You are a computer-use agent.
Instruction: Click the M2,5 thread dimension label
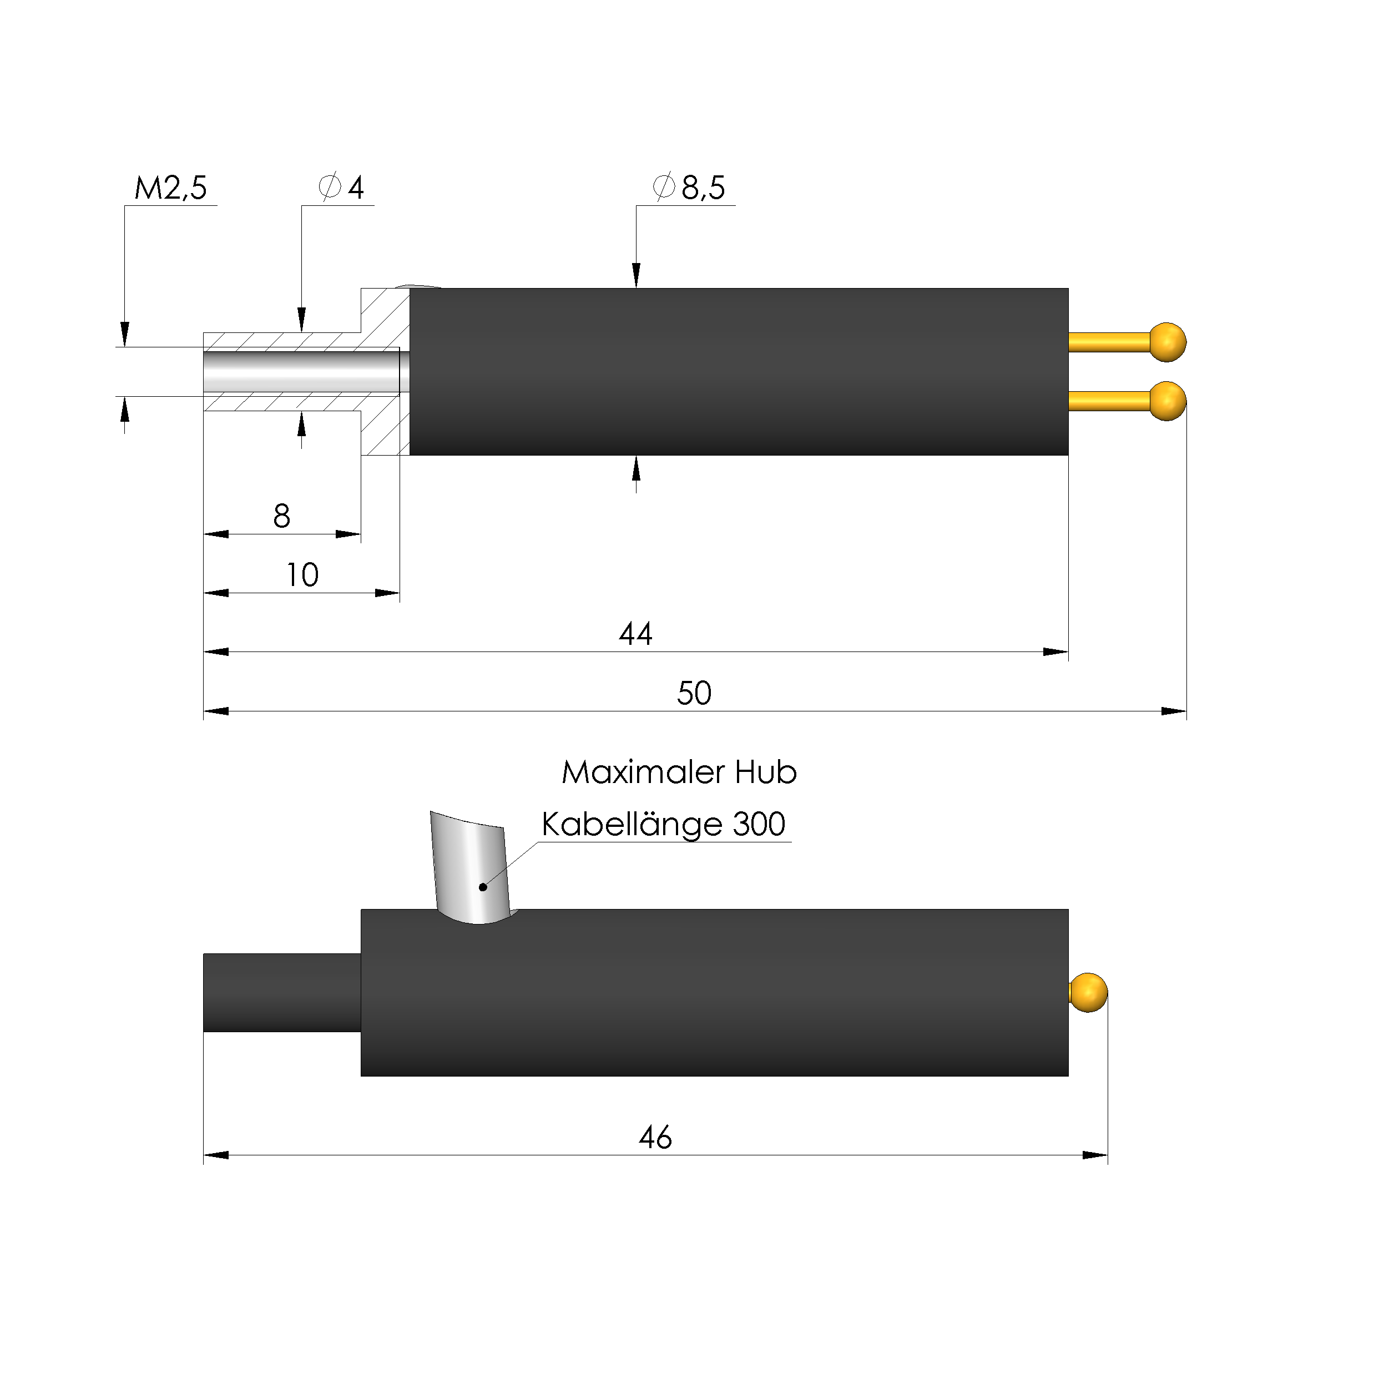170,188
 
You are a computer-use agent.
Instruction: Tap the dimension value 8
282,516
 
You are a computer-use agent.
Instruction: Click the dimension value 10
302,574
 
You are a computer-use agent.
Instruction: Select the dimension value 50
694,693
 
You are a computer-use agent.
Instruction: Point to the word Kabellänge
633,824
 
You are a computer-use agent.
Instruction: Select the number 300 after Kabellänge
759,824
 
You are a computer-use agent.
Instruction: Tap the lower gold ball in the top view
1168,401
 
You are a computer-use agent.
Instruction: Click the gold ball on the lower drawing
1088,992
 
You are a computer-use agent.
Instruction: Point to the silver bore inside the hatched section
302,371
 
